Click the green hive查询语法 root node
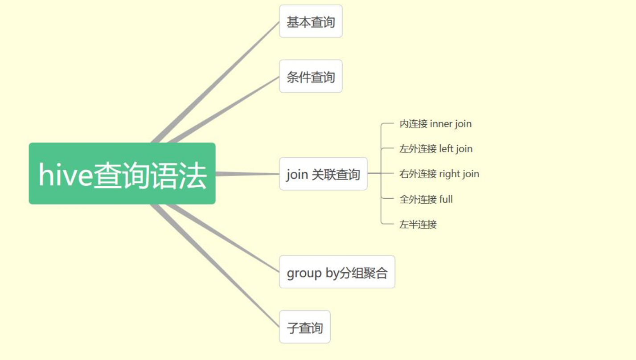click(122, 173)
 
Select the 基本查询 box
click(311, 21)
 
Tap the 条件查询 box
click(311, 77)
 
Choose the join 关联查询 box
click(323, 174)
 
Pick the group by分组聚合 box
click(337, 272)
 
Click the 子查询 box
click(305, 327)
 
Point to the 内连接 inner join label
click(435, 124)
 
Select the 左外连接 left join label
click(436, 149)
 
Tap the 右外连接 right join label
click(439, 174)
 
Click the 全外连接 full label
click(426, 199)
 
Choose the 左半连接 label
click(418, 224)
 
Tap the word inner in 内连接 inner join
click(441, 124)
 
